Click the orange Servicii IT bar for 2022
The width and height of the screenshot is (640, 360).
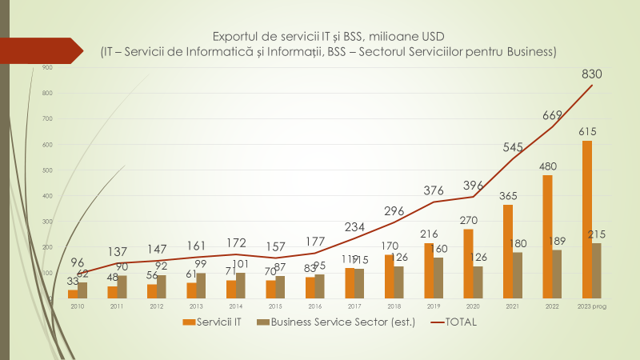pyautogui.click(x=547, y=238)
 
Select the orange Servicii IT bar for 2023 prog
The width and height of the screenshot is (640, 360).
pyautogui.click(x=587, y=220)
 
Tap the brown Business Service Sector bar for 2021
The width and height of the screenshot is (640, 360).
pyautogui.click(x=518, y=276)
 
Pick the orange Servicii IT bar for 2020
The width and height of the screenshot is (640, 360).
pyautogui.click(x=469, y=264)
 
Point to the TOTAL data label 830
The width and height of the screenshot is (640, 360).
pyautogui.click(x=592, y=74)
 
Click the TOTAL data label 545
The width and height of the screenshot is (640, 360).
pyautogui.click(x=514, y=146)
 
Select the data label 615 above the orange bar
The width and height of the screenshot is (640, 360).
pyautogui.click(x=588, y=131)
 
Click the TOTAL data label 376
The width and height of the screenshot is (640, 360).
pyautogui.click(x=434, y=190)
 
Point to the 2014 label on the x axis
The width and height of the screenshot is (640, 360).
pyautogui.click(x=235, y=306)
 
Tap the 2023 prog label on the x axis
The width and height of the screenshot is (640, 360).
pyautogui.click(x=592, y=306)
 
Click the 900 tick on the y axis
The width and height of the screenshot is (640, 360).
pyautogui.click(x=47, y=68)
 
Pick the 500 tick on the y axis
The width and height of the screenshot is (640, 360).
pyautogui.click(x=47, y=170)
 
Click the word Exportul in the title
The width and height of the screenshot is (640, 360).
pyautogui.click(x=237, y=37)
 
